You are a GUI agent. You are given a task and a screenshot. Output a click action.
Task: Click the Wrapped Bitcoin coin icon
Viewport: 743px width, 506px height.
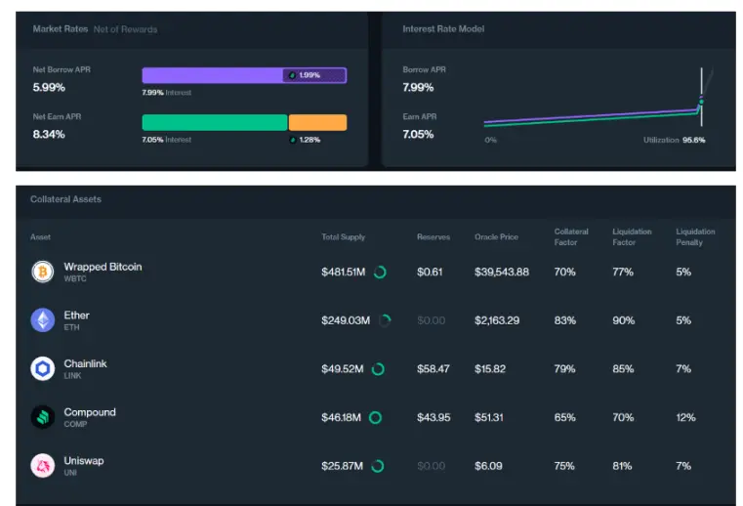coord(42,272)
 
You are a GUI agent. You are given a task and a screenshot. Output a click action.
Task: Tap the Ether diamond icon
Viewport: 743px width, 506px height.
coord(42,319)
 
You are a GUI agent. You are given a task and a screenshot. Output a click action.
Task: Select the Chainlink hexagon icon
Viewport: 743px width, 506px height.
coord(42,368)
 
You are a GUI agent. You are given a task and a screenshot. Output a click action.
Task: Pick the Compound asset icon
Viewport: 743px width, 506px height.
coord(42,417)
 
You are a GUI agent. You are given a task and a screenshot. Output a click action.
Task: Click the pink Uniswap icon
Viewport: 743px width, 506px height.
coord(42,465)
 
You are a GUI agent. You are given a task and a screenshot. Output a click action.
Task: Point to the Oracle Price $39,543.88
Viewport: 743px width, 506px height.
coord(501,272)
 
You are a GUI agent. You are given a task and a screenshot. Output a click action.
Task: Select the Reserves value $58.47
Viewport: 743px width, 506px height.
coord(433,368)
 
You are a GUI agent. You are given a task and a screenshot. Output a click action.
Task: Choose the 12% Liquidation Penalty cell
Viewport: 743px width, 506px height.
coord(685,417)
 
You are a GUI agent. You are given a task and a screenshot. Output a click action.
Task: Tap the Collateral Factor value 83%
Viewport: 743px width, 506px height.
coord(563,320)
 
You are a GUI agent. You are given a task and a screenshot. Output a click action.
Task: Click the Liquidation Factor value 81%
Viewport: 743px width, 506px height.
coord(622,466)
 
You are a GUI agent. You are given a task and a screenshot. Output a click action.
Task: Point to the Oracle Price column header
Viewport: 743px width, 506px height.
coord(496,237)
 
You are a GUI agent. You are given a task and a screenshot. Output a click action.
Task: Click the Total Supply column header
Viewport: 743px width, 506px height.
coord(344,237)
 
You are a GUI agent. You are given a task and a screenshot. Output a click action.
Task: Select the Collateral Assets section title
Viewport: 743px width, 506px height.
coord(66,199)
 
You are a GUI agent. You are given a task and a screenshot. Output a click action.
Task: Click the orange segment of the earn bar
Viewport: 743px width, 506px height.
coord(317,123)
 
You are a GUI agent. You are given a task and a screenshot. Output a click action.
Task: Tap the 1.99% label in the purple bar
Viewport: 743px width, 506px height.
coord(310,75)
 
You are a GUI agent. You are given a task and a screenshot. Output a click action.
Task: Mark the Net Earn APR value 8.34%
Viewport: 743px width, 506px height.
coord(49,134)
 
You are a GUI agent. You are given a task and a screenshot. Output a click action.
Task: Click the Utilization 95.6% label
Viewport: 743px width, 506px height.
coord(674,141)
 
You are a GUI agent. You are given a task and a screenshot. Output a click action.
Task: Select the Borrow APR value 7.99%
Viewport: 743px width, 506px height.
coord(418,87)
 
